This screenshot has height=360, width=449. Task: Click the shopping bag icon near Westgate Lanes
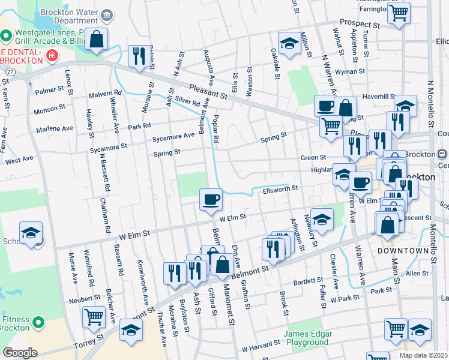(96, 40)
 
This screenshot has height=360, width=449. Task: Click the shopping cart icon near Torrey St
(94, 317)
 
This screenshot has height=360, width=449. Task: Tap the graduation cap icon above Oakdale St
(289, 44)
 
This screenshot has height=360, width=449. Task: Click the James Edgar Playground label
(306, 338)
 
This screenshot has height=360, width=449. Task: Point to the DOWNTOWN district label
(403, 250)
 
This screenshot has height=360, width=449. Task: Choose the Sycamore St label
(108, 146)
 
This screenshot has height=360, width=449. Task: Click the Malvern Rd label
(105, 94)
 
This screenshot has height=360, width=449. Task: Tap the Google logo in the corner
(20, 353)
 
